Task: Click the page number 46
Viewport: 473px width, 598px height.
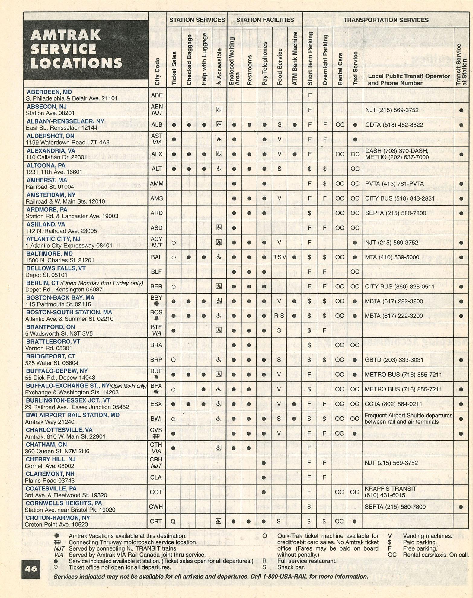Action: click(x=31, y=569)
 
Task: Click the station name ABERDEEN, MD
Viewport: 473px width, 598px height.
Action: click(x=49, y=92)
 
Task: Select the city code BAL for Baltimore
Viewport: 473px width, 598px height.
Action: click(x=157, y=257)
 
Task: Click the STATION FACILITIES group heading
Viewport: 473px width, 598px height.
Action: click(x=265, y=20)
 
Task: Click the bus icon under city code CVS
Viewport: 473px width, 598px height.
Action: click(x=156, y=436)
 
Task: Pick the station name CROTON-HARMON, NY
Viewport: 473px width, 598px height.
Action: click(x=58, y=518)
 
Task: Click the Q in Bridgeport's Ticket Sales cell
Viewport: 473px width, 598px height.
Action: click(x=173, y=360)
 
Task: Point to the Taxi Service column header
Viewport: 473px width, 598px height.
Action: click(x=355, y=68)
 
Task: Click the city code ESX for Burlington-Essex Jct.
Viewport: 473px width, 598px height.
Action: click(x=156, y=404)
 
